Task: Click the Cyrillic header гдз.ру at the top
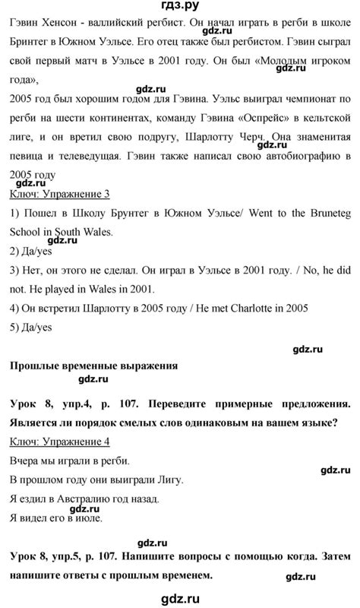pyautogui.click(x=180, y=10)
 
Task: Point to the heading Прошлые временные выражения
pyautogui.click(x=93, y=366)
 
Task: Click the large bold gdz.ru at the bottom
pyautogui.click(x=180, y=597)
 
